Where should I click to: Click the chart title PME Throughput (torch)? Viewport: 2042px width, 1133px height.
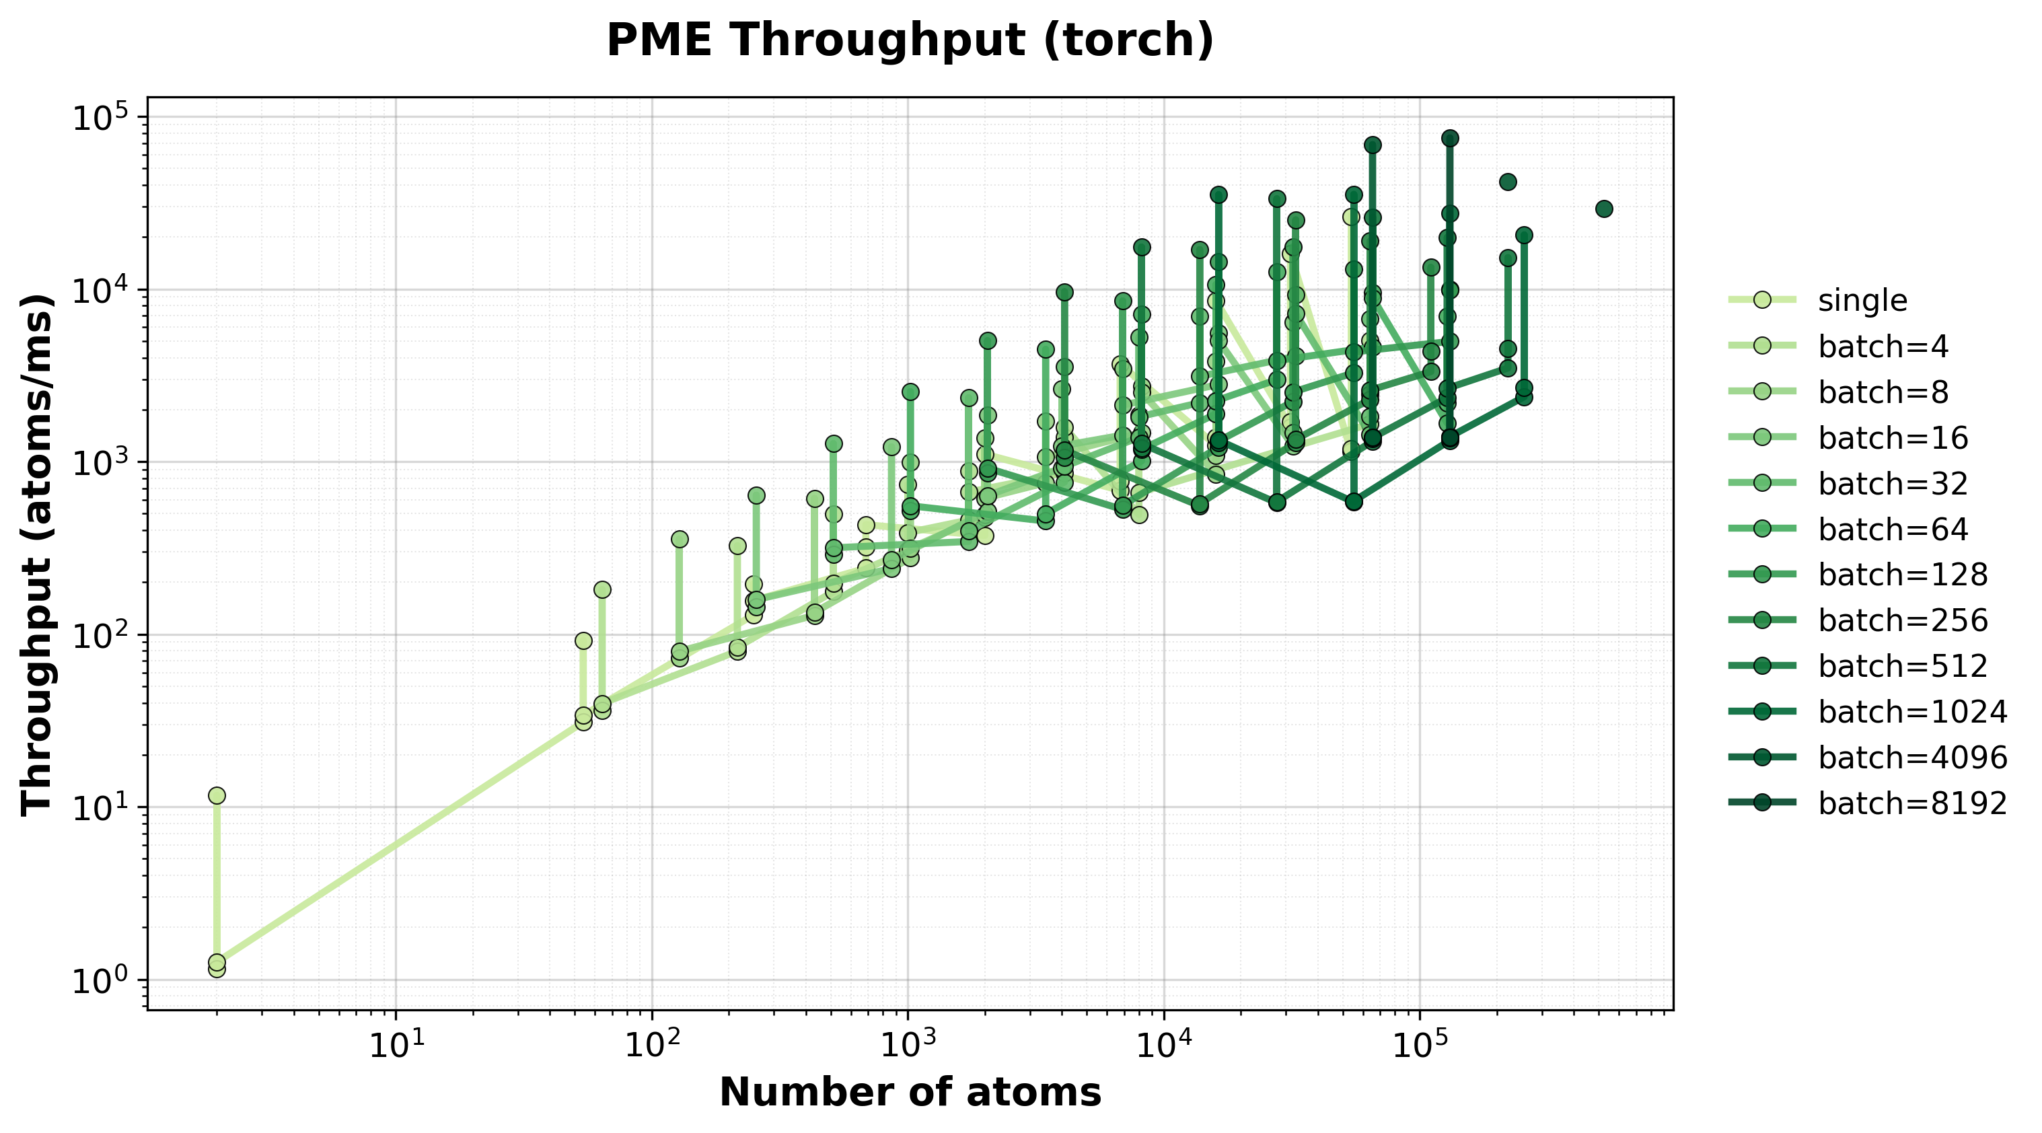click(910, 41)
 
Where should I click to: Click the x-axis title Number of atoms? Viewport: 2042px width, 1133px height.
click(910, 1092)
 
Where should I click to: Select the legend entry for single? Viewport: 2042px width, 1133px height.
click(1862, 301)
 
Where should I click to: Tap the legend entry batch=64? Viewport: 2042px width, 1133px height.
click(1893, 529)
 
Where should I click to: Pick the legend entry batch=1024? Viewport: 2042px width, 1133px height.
click(1913, 712)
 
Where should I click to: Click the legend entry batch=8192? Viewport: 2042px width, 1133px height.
click(1913, 803)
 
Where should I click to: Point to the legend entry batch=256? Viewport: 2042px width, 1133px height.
click(1903, 620)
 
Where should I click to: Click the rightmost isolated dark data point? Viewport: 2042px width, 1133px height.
click(1603, 209)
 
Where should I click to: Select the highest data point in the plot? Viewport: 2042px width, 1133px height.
click(1450, 139)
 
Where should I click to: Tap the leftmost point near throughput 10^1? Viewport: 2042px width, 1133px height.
click(217, 795)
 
